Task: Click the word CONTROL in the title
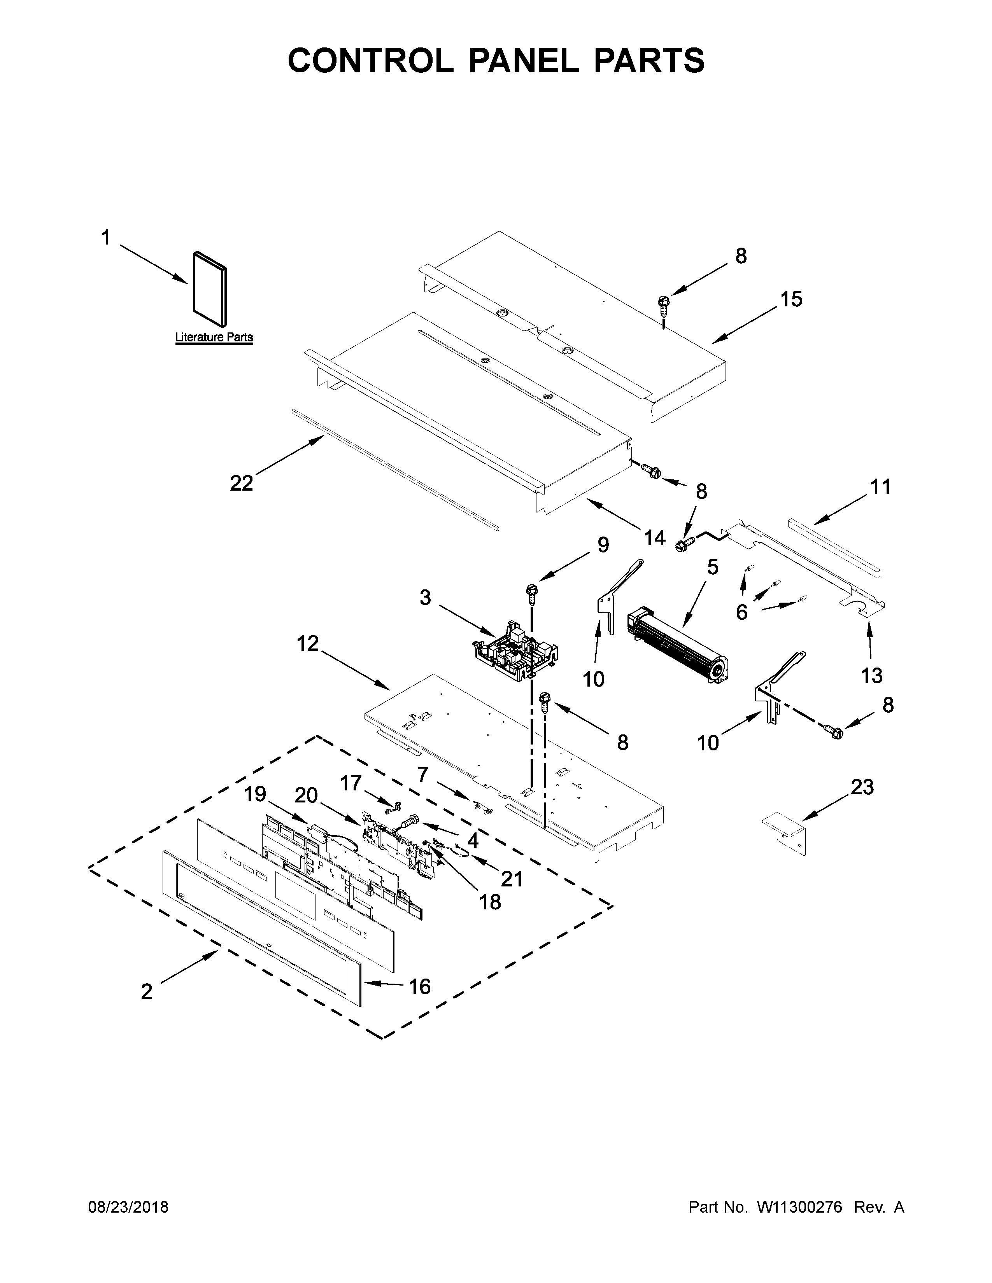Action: [370, 61]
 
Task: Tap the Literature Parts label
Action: [214, 337]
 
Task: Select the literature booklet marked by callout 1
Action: [209, 290]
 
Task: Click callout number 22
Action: [241, 484]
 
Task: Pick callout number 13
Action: [871, 676]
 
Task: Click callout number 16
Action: [420, 986]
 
